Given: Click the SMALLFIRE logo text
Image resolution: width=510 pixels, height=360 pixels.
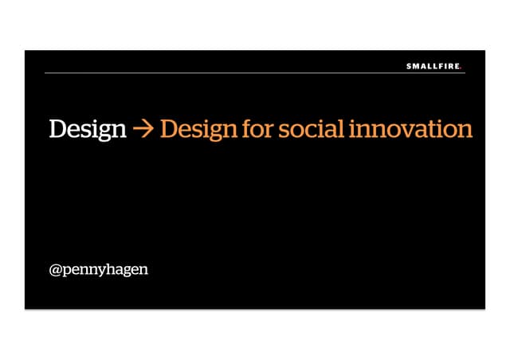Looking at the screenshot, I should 432,67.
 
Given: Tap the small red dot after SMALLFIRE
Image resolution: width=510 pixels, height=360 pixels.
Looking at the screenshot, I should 461,68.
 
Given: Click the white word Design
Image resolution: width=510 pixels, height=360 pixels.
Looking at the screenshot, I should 87,129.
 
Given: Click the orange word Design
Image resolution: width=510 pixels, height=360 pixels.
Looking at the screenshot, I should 198,129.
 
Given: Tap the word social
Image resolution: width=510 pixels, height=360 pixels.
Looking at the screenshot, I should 310,129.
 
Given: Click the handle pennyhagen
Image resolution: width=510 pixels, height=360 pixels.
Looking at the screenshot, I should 105,269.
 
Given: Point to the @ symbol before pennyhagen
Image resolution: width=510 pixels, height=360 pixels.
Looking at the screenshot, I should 56,269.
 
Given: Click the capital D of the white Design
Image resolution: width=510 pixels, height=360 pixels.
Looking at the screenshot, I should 58,129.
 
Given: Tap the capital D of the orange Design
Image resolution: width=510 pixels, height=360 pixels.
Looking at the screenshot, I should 169,129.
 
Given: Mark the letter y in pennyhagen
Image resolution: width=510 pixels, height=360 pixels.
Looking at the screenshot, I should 102,272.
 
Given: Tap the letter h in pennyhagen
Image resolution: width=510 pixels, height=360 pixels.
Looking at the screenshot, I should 112,268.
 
